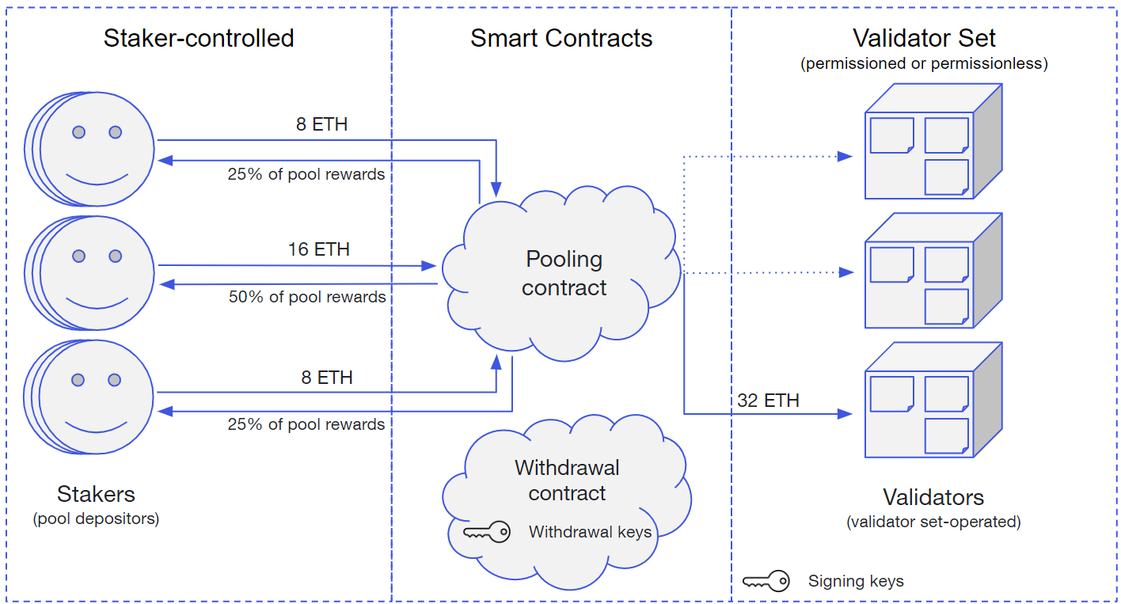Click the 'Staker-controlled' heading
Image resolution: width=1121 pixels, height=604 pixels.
coord(199,39)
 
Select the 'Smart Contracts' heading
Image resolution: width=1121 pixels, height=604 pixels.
coord(561,39)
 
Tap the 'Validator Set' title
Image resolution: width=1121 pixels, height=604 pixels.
coord(924,39)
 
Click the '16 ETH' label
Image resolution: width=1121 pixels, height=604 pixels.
coord(319,249)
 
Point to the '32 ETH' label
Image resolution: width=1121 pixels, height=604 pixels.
coord(768,401)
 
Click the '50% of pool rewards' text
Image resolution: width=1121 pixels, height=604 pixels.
coord(307,297)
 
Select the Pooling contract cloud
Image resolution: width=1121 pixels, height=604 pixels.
coord(561,273)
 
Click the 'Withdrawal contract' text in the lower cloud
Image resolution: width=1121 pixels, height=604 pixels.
coord(567,481)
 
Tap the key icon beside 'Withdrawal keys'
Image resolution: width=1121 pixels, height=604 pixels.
coord(486,531)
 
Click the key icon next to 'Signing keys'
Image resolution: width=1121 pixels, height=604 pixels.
coord(766,581)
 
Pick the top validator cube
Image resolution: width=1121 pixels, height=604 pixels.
coord(934,141)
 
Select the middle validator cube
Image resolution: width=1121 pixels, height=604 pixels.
coord(934,270)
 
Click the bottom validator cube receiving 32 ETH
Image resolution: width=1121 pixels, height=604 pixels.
coord(934,399)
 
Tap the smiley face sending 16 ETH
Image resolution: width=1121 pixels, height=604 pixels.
coord(89,273)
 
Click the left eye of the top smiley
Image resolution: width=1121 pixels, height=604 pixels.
coord(78,132)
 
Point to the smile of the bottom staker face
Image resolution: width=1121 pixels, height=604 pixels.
coord(96,427)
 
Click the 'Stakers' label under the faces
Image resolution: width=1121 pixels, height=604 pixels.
coord(96,495)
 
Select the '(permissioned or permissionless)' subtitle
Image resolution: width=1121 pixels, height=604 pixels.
coord(924,63)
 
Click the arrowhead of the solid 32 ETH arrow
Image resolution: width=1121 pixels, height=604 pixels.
coord(845,414)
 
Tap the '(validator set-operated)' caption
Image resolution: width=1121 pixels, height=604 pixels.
coord(933,522)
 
